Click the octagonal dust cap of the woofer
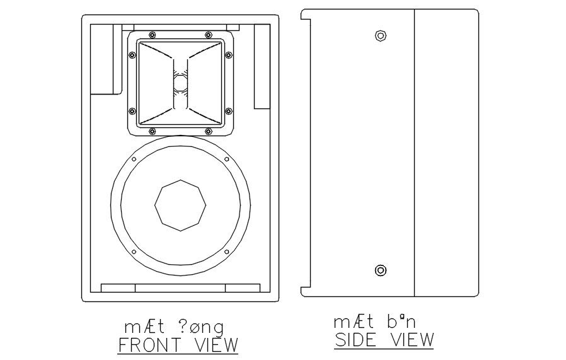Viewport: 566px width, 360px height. [x=180, y=205]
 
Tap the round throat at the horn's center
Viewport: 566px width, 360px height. [x=180, y=82]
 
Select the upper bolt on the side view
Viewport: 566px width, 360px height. [x=380, y=35]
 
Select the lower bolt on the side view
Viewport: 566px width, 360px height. [x=380, y=270]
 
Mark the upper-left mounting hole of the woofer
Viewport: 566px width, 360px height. [x=134, y=160]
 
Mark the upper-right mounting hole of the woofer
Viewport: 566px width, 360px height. [x=226, y=160]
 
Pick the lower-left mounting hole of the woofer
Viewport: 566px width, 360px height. [x=134, y=252]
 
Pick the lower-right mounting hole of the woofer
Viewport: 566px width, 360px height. [x=226, y=252]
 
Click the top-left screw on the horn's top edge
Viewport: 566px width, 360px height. [x=152, y=33]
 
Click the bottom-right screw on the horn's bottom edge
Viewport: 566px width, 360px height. [x=209, y=131]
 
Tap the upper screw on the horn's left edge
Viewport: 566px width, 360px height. [x=132, y=55]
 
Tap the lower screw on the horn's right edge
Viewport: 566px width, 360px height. [x=228, y=111]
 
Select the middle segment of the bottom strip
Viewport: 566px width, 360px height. [x=180, y=288]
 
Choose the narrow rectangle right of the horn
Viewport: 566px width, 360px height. [x=262, y=66]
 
